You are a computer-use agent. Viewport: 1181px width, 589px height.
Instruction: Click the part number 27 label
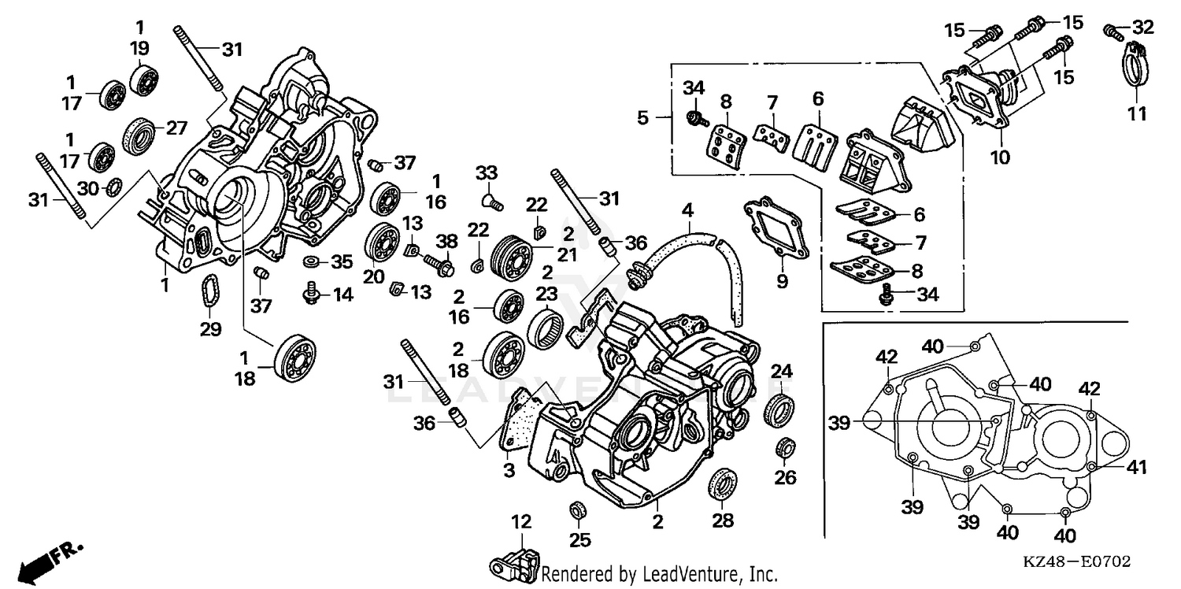[x=176, y=128]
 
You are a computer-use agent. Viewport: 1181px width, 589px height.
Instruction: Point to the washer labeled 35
[x=311, y=261]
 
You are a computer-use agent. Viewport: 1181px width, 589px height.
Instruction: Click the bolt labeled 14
[x=311, y=295]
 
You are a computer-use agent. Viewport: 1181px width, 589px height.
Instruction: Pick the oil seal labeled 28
[x=723, y=483]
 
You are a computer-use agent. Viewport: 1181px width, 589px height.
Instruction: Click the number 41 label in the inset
[x=1134, y=468]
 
